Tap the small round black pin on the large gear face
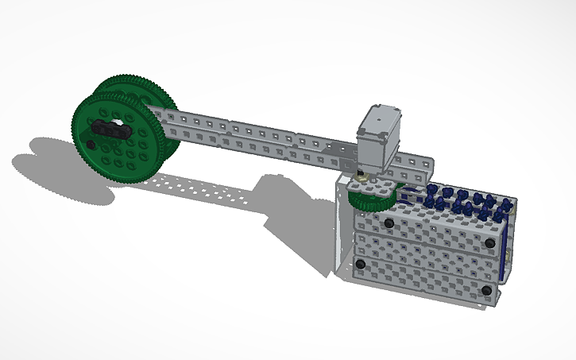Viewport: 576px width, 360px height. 91,145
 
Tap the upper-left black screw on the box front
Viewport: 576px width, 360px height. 389,224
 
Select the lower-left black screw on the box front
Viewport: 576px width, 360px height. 360,263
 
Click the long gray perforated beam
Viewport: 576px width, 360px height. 254,139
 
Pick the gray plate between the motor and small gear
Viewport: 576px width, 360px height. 367,181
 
